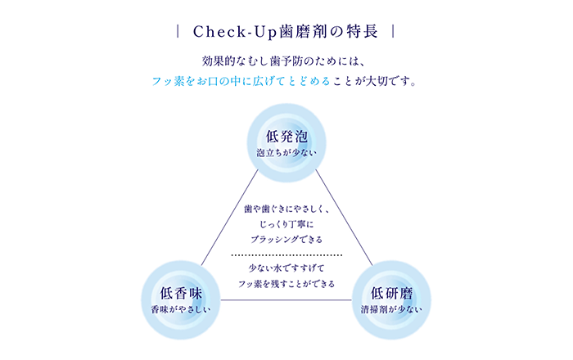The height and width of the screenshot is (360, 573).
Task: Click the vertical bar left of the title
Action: [x=178, y=32]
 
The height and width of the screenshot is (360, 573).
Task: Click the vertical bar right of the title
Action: [x=395, y=32]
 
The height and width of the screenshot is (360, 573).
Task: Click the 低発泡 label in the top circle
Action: [x=286, y=136]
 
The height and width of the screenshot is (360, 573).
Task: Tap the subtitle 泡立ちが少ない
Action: [x=286, y=152]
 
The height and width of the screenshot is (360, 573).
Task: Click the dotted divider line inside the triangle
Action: [x=286, y=255]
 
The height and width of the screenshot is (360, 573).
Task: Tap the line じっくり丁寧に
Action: [x=286, y=223]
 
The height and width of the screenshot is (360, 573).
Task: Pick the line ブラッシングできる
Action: [x=286, y=240]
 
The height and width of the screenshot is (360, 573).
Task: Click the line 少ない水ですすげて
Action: [x=286, y=268]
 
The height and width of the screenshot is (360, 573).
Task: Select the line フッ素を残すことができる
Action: [x=286, y=284]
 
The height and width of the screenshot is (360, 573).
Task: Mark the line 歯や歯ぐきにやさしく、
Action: [x=286, y=208]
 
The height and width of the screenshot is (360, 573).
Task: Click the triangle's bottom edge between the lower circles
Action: [x=286, y=300]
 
